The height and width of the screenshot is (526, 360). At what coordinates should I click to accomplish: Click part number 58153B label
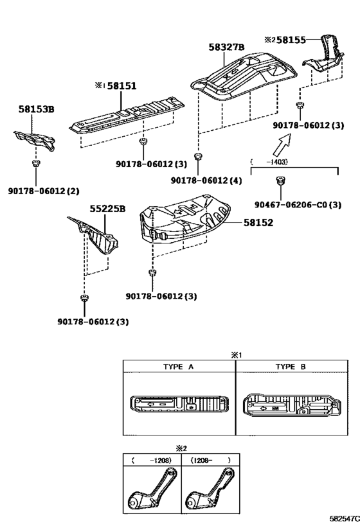[36, 110]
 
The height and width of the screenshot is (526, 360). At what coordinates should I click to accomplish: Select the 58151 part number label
[122, 85]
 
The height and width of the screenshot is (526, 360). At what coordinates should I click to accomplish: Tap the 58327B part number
[226, 47]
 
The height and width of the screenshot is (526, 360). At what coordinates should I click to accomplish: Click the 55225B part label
[107, 209]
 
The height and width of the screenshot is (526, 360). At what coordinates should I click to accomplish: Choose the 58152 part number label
[258, 222]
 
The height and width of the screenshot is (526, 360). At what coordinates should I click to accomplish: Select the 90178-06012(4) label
[206, 181]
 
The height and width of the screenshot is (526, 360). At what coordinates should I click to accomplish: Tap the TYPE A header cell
[179, 366]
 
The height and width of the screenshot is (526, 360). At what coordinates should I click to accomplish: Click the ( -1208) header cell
[152, 460]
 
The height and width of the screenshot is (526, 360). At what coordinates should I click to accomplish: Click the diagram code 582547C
[343, 517]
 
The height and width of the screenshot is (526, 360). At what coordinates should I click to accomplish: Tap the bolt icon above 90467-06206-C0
[278, 185]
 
